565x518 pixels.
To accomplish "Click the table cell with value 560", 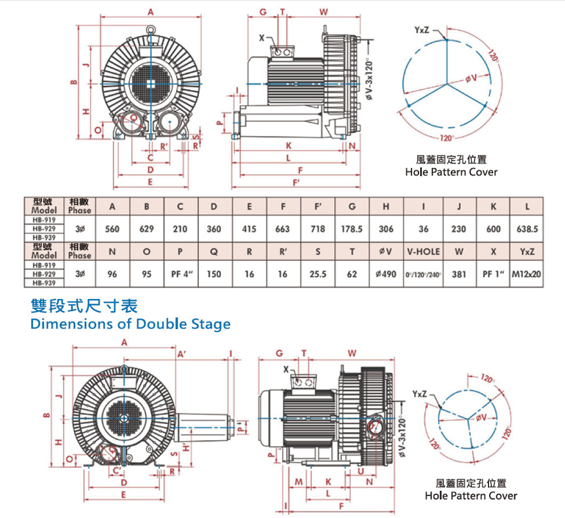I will (112, 228).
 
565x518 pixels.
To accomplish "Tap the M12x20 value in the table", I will (527, 274).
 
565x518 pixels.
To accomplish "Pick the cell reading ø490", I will (386, 274).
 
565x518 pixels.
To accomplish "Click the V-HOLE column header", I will (423, 251).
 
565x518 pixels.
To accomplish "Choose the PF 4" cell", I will (182, 274).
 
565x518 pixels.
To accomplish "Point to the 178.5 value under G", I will (351, 228).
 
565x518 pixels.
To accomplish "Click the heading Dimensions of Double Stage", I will (130, 324).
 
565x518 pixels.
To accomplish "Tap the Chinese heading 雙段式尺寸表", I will (84, 306).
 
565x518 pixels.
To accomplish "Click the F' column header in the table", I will (318, 207).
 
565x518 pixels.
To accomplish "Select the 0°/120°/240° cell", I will (423, 274).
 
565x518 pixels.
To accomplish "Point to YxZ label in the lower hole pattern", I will (420, 393).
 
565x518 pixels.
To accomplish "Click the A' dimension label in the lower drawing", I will (181, 354).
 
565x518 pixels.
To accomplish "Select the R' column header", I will (283, 251).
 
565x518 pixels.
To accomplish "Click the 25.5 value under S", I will (318, 274).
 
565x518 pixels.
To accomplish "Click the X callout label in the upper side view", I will (261, 38).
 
